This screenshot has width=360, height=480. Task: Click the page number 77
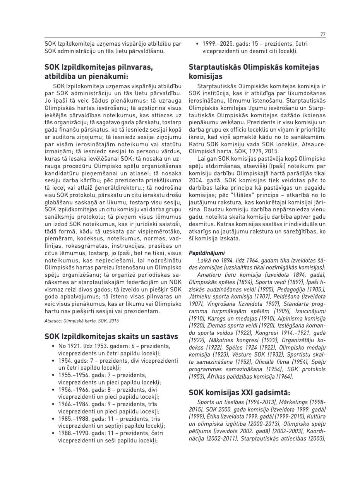tap(323, 34)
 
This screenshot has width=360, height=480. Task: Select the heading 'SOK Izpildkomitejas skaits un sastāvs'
tap(111, 336)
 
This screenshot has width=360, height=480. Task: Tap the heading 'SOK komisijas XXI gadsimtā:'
tap(239, 393)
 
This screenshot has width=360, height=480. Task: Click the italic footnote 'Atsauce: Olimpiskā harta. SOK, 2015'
tap(82, 321)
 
